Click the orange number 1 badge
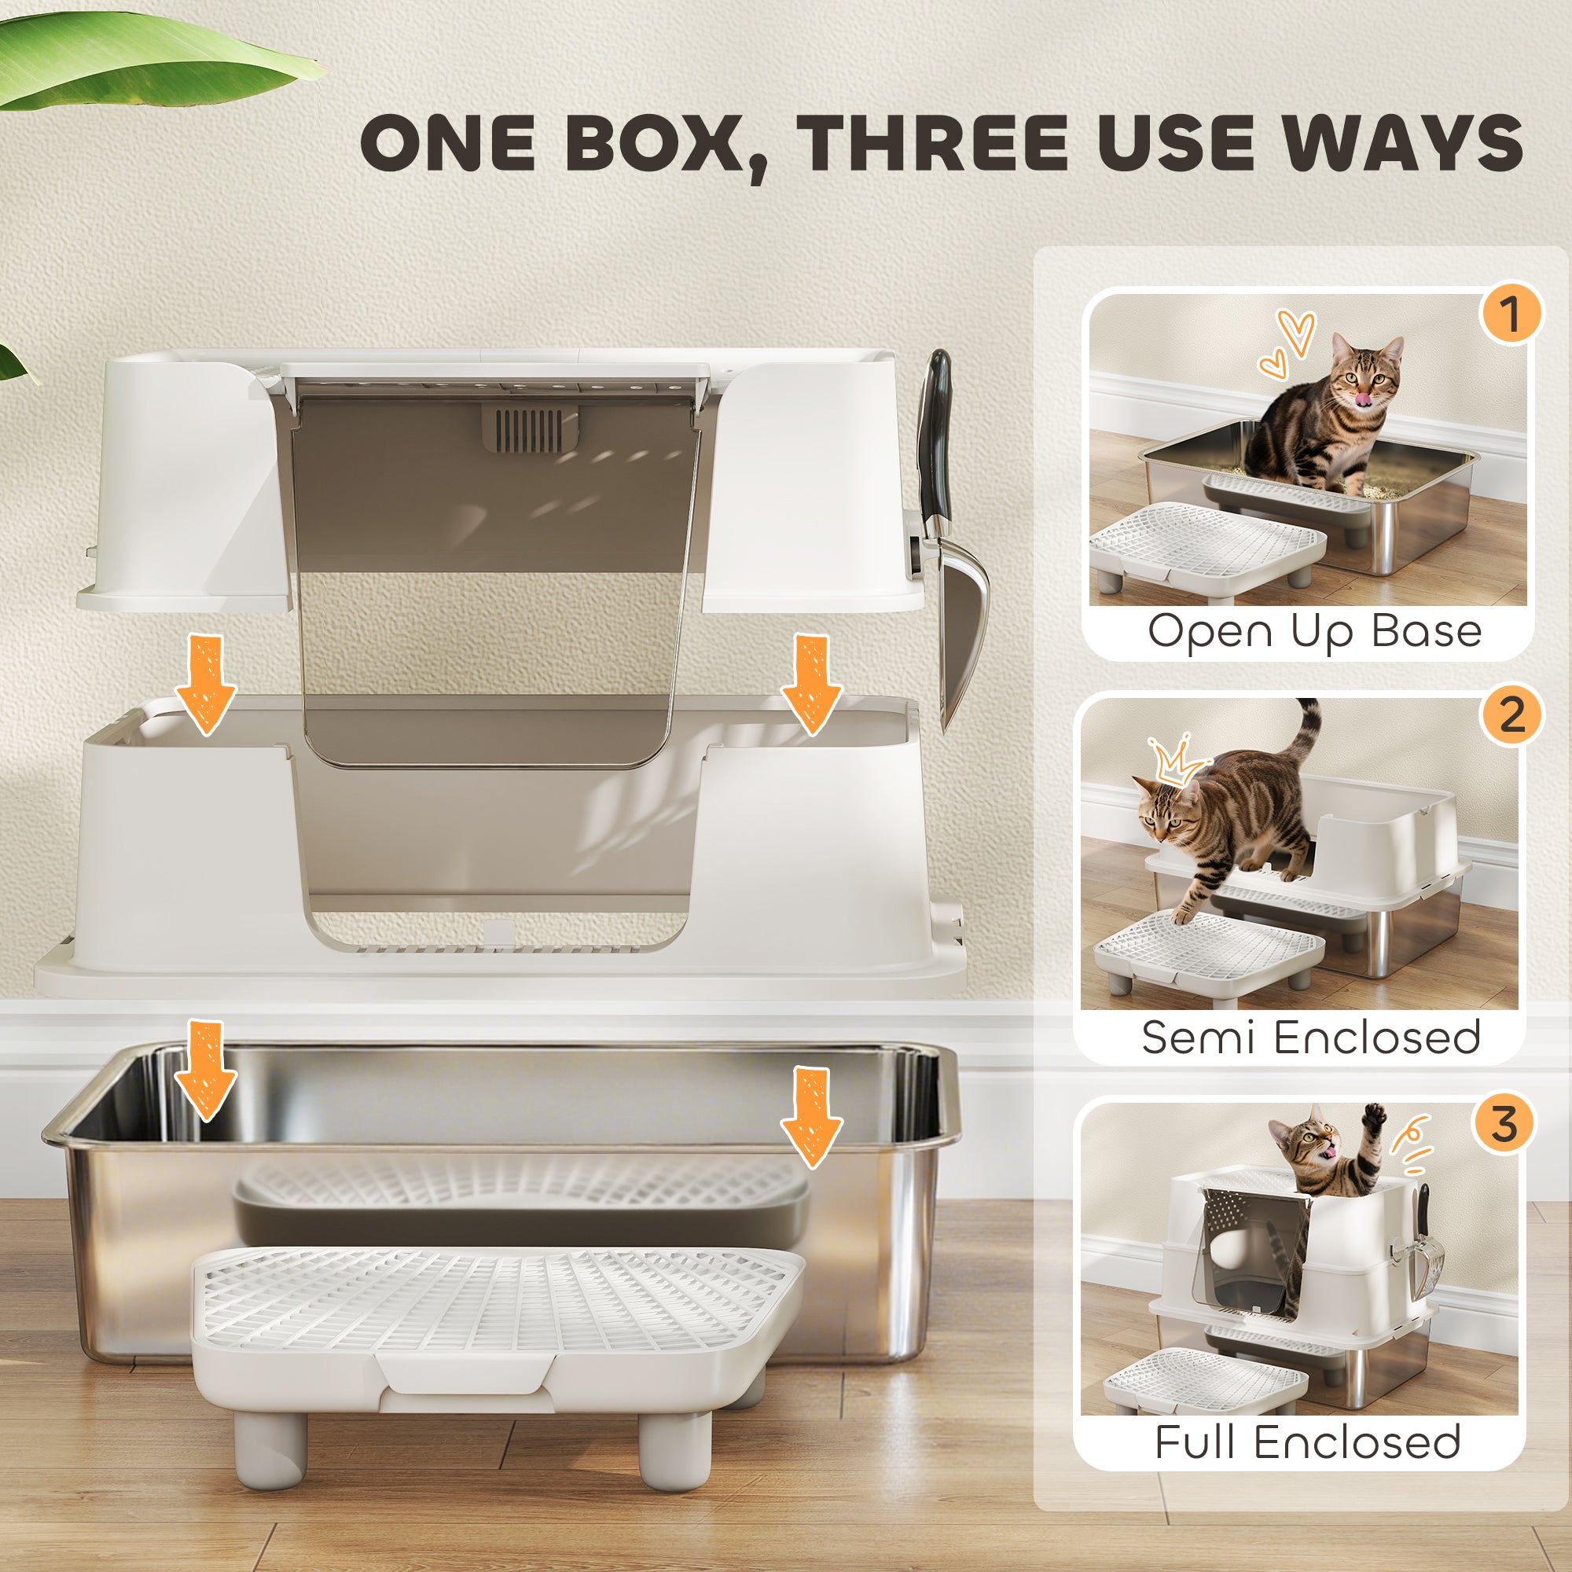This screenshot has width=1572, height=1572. tap(1510, 314)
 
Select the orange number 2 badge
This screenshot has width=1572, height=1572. tap(1510, 715)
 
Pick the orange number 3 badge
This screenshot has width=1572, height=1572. tap(1504, 1126)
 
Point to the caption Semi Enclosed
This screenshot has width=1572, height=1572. tap(1310, 1037)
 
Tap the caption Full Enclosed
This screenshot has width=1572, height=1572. tap(1308, 1442)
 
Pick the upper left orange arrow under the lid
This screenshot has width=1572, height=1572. tap(206, 684)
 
